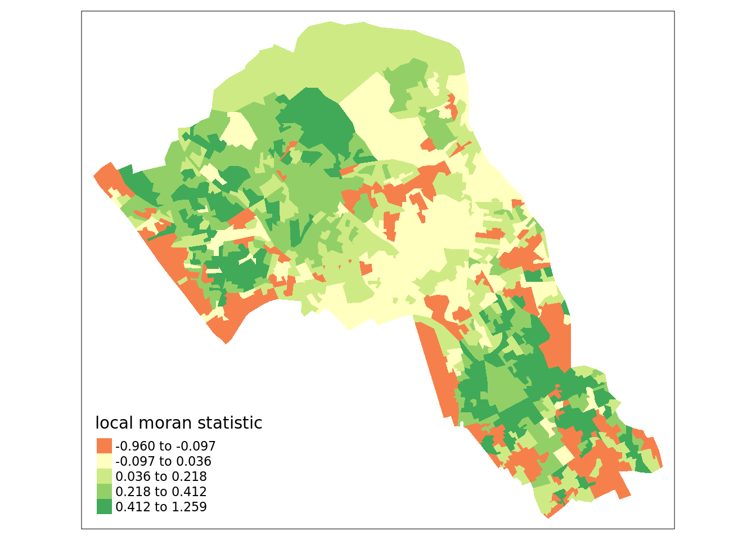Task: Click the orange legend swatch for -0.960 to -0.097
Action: (x=104, y=446)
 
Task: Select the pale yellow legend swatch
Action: (x=104, y=461)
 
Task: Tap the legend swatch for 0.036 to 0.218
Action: (x=104, y=476)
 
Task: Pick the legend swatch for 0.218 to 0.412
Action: (x=104, y=492)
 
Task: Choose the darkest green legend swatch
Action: (x=104, y=507)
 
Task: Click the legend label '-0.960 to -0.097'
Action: (x=165, y=446)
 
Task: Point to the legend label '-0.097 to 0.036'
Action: (x=163, y=461)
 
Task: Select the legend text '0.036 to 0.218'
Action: (x=161, y=476)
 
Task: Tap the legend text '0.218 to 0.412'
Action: (x=161, y=492)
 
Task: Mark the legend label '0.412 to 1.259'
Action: (x=161, y=507)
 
